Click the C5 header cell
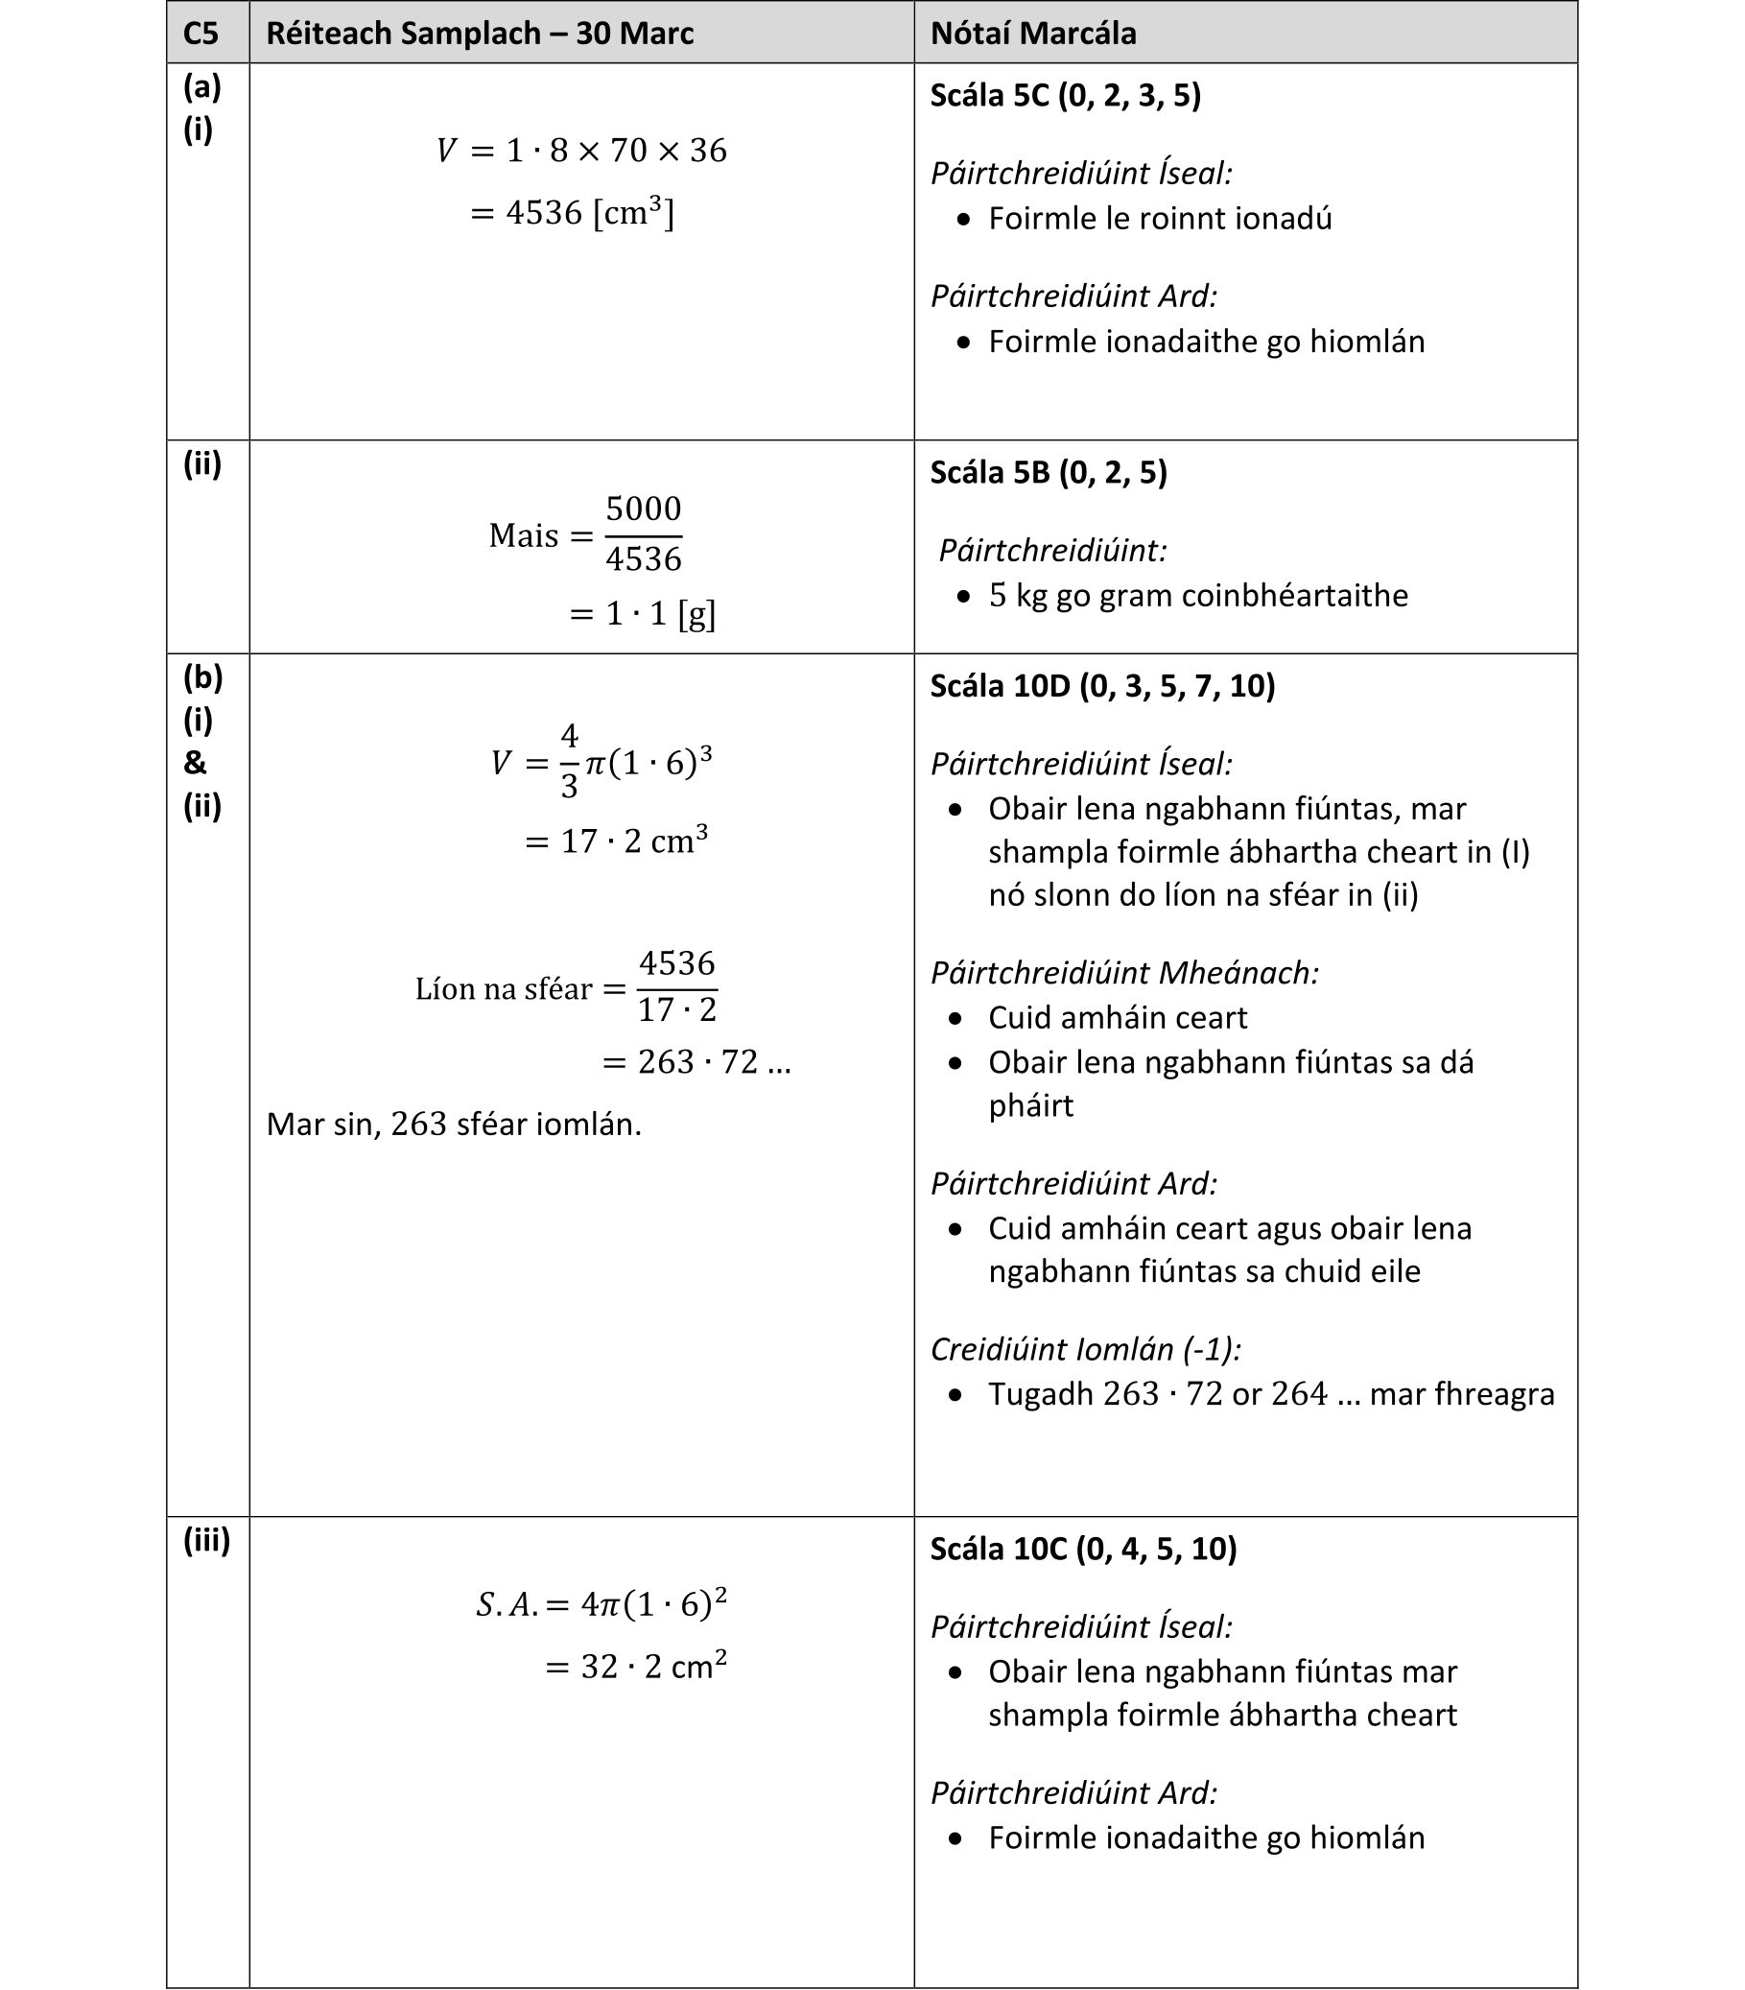[x=200, y=33]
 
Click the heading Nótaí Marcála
[x=1032, y=33]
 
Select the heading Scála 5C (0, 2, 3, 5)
[x=1065, y=95]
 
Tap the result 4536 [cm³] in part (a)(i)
[x=573, y=212]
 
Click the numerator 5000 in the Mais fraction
[x=644, y=509]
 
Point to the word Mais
[x=524, y=535]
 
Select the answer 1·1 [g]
[x=643, y=613]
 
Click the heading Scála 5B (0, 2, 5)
[x=1049, y=472]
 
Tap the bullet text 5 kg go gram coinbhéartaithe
[x=1197, y=595]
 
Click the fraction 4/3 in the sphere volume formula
[x=569, y=760]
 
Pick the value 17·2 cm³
[x=616, y=841]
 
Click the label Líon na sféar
[x=503, y=989]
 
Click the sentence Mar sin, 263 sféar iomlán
[x=454, y=1125]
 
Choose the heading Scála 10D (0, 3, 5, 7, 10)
[x=1101, y=685]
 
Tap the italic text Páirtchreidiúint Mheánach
[x=1124, y=972]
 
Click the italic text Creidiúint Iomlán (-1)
[x=1085, y=1348]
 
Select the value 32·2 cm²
[x=635, y=1667]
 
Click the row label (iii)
[x=206, y=1539]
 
